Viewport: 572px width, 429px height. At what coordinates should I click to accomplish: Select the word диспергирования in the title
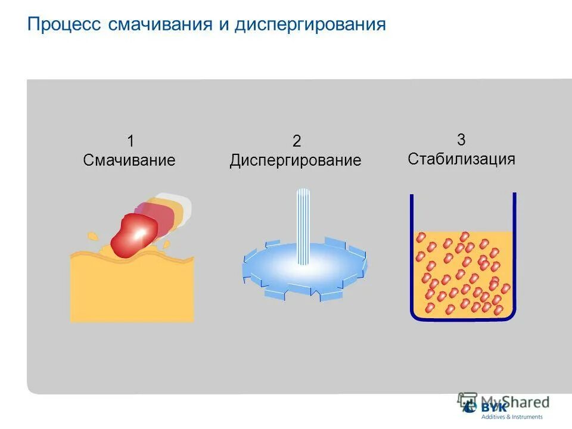310,26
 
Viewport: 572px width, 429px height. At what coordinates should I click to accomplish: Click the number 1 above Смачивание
130,142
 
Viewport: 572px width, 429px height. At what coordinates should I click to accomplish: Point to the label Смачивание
129,160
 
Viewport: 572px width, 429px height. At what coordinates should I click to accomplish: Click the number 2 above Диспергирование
296,142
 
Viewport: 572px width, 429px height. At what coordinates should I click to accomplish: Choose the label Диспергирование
296,161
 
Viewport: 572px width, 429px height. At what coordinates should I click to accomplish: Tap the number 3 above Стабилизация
461,140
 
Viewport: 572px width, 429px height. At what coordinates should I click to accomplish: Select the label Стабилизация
461,159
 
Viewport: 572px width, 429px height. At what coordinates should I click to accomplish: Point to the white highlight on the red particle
141,231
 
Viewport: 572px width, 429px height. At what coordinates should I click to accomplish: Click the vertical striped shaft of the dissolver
304,226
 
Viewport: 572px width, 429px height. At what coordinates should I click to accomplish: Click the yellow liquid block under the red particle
132,292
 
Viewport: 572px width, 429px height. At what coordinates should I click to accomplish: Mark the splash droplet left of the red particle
93,237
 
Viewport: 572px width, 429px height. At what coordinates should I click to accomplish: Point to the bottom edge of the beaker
462,319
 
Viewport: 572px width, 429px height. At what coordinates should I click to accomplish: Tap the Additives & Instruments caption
512,417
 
